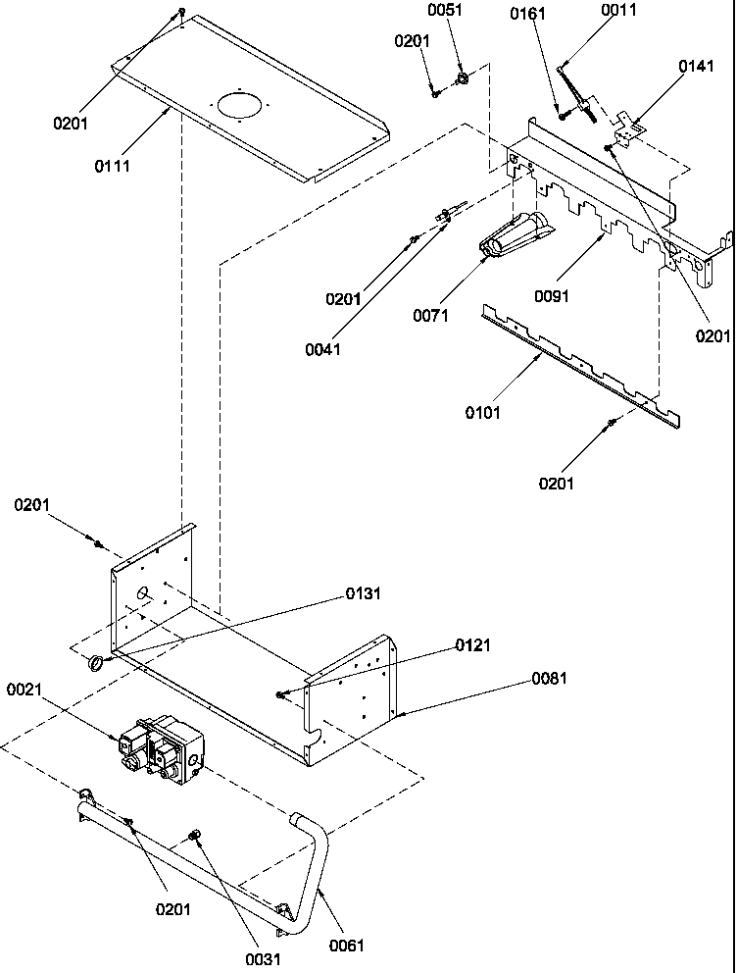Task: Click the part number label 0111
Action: (112, 166)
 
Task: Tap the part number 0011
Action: (618, 11)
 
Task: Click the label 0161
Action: (529, 14)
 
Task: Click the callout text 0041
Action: (323, 350)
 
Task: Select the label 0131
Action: (363, 593)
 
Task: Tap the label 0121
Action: (472, 645)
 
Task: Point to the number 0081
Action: (549, 678)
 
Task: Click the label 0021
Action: (25, 691)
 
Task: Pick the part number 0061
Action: (346, 946)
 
